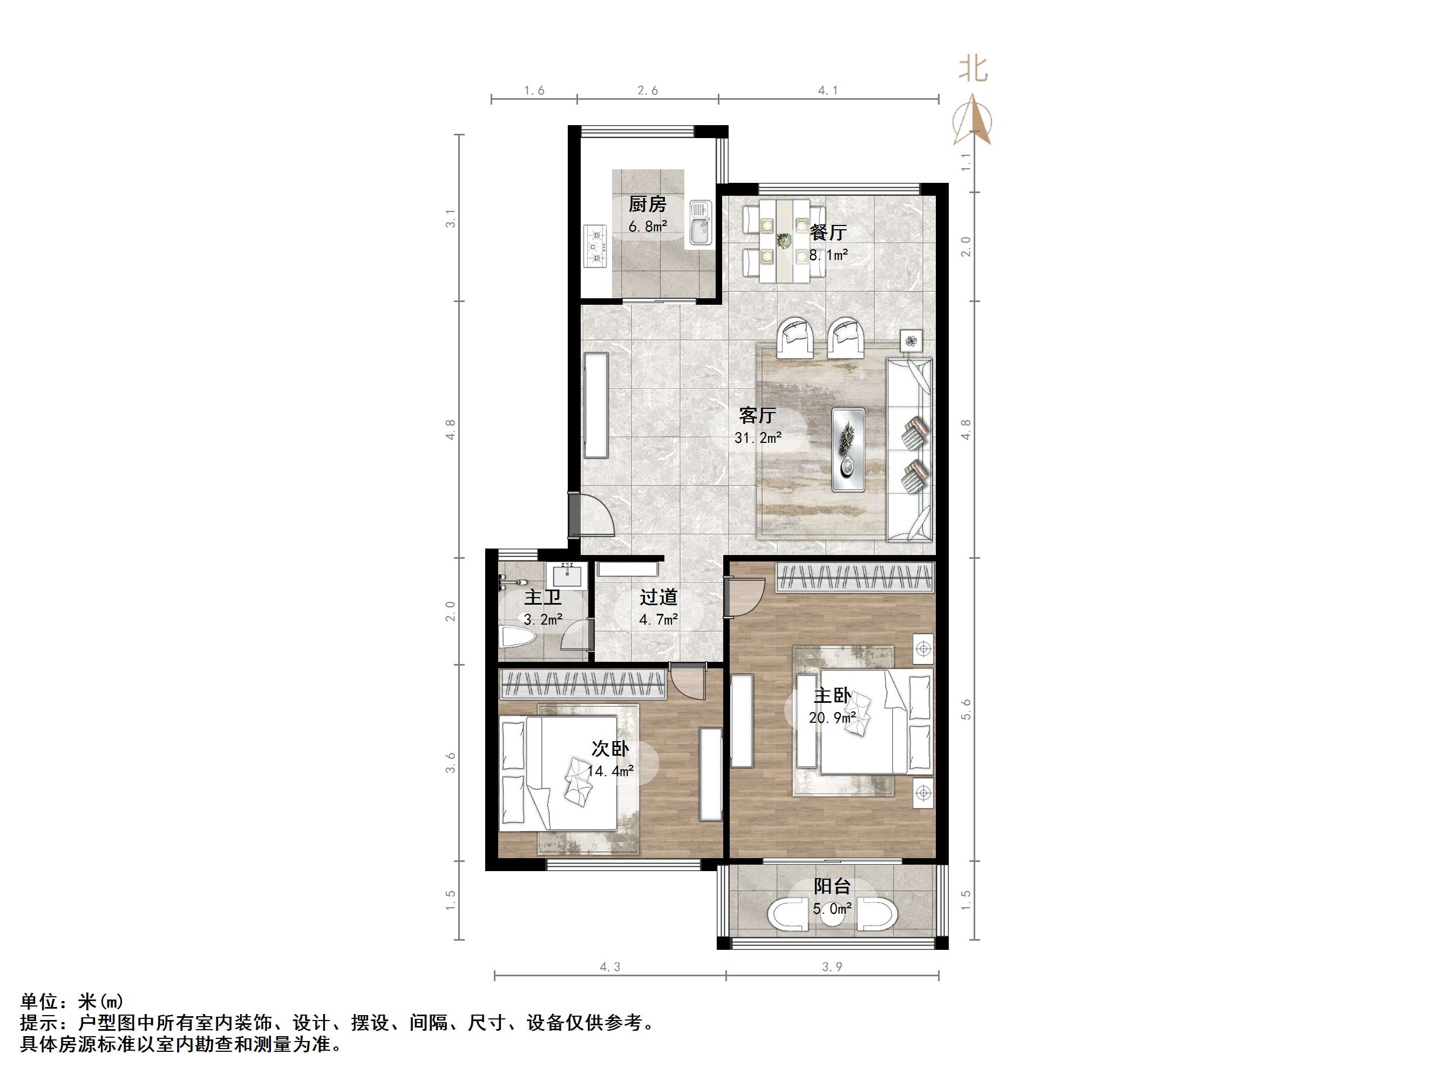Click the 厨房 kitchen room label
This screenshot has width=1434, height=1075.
point(647,205)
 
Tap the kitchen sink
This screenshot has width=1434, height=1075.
point(700,222)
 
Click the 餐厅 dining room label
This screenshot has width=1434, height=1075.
point(828,232)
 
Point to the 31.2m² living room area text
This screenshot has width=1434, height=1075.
point(757,438)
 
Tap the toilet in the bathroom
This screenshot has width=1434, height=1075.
point(519,638)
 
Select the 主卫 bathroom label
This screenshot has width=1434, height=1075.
point(542,597)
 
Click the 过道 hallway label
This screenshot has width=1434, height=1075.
point(658,597)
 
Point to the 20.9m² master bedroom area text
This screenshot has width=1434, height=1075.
point(832,717)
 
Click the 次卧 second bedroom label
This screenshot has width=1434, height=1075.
point(610,749)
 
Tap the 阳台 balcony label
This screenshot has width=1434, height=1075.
point(832,886)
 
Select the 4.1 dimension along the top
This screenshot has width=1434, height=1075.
point(828,91)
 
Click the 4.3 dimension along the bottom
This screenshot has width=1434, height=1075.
point(609,967)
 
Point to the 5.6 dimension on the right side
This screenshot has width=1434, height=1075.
point(966,709)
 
